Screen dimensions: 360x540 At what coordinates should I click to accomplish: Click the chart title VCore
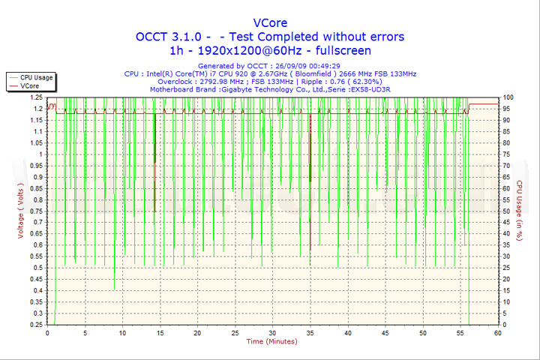[x=269, y=22]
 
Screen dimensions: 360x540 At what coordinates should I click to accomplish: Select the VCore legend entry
[x=29, y=86]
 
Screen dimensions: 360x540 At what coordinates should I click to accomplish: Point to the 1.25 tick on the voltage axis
[x=35, y=97]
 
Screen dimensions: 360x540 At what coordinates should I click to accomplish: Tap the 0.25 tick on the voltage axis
[x=35, y=324]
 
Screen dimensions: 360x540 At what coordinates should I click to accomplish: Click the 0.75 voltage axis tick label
[x=35, y=211]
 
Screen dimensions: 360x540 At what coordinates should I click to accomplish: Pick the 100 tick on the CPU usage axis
[x=508, y=97]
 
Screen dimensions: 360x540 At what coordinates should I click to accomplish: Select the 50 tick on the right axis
[x=507, y=211]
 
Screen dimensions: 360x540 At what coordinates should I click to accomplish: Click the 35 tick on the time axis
[x=310, y=332]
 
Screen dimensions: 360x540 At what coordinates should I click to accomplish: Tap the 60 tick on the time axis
[x=497, y=332]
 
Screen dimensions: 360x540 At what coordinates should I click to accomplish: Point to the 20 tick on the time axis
[x=197, y=332]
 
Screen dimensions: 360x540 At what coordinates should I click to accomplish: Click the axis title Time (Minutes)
[x=271, y=342]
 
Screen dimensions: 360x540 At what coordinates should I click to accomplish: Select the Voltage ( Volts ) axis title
[x=21, y=211]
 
